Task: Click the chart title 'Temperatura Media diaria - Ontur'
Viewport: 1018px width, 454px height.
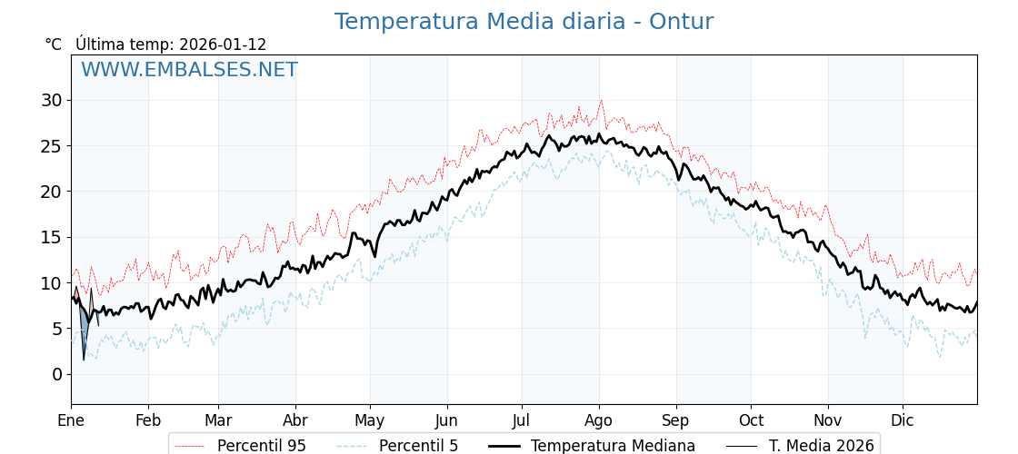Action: tap(524, 22)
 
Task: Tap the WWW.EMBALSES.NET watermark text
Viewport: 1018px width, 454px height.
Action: tap(189, 70)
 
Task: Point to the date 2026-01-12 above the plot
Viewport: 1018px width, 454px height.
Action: tap(223, 44)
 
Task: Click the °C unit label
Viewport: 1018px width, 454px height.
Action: tap(54, 44)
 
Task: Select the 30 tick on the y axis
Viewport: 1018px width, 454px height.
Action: tap(51, 100)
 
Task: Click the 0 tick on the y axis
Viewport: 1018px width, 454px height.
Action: tap(56, 374)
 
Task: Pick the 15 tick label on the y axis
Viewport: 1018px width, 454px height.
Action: tap(51, 237)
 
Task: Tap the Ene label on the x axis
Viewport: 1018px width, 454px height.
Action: tap(71, 420)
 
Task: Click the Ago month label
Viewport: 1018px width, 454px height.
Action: tap(599, 420)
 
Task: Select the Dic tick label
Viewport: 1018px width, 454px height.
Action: tap(903, 420)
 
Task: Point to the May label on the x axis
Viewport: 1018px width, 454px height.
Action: tap(370, 420)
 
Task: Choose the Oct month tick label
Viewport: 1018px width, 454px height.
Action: tap(751, 420)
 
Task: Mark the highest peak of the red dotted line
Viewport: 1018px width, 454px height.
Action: tap(601, 101)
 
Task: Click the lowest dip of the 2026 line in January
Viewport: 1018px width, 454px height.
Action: tap(84, 360)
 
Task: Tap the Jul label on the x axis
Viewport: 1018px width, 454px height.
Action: tap(522, 420)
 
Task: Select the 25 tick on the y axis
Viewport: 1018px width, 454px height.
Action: tap(51, 145)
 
